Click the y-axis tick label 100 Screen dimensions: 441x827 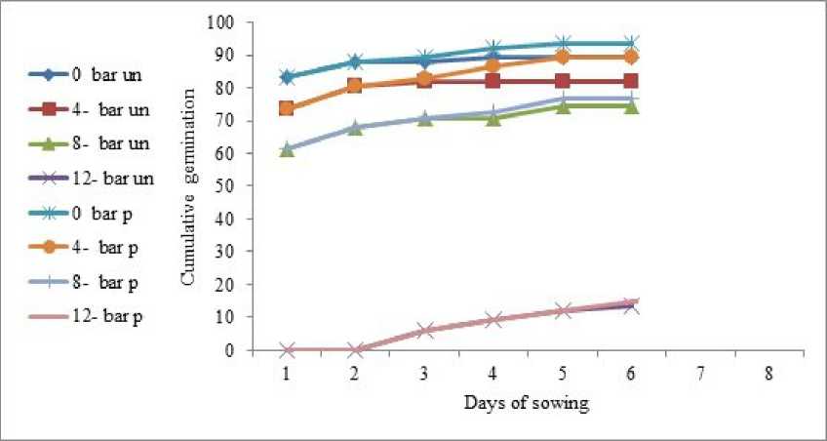click(x=223, y=22)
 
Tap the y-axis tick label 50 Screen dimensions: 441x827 click(x=227, y=185)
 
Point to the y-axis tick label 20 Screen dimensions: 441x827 click(x=227, y=284)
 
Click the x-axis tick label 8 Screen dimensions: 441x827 click(x=768, y=374)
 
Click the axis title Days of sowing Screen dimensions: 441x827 click(x=527, y=402)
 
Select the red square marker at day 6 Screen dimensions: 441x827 click(x=631, y=81)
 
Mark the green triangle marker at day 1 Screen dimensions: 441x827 click(x=287, y=149)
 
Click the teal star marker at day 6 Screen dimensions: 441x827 click(x=631, y=44)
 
